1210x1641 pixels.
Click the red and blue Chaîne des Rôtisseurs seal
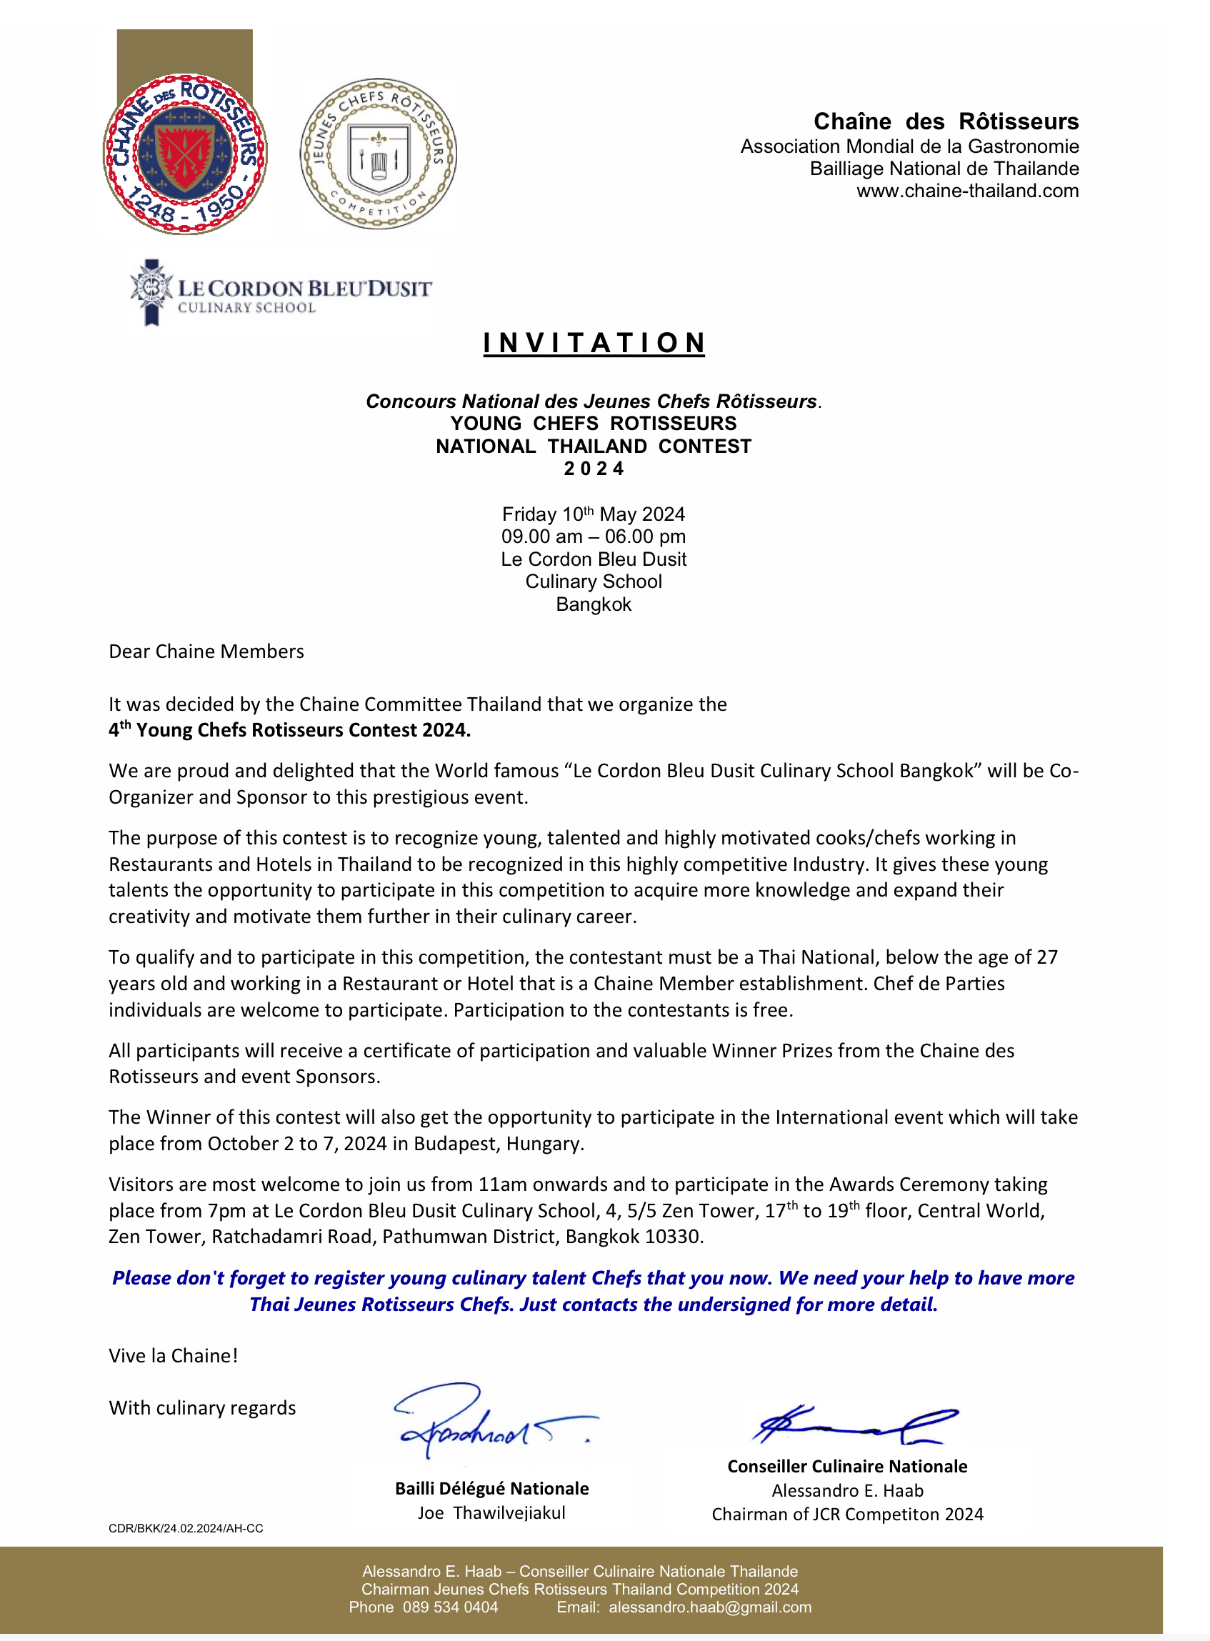(x=184, y=154)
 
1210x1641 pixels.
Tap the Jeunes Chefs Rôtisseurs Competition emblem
(x=378, y=154)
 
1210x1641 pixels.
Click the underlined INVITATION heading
(x=594, y=343)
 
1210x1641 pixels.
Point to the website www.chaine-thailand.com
(x=968, y=191)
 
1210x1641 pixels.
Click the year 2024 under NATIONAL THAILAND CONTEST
(x=594, y=469)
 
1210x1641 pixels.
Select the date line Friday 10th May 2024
(x=594, y=514)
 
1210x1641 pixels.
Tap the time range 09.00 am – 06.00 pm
(x=594, y=537)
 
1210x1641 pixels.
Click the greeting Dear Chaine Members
(x=206, y=652)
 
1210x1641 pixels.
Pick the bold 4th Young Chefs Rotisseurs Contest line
(x=289, y=729)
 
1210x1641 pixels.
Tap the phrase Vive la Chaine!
(x=173, y=1355)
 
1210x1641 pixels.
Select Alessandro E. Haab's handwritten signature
(x=854, y=1424)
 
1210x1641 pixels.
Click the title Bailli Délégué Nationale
(x=491, y=1489)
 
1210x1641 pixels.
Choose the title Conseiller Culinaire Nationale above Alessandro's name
(x=846, y=1467)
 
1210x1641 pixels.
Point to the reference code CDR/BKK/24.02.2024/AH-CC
(x=185, y=1528)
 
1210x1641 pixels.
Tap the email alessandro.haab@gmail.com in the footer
(x=710, y=1607)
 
